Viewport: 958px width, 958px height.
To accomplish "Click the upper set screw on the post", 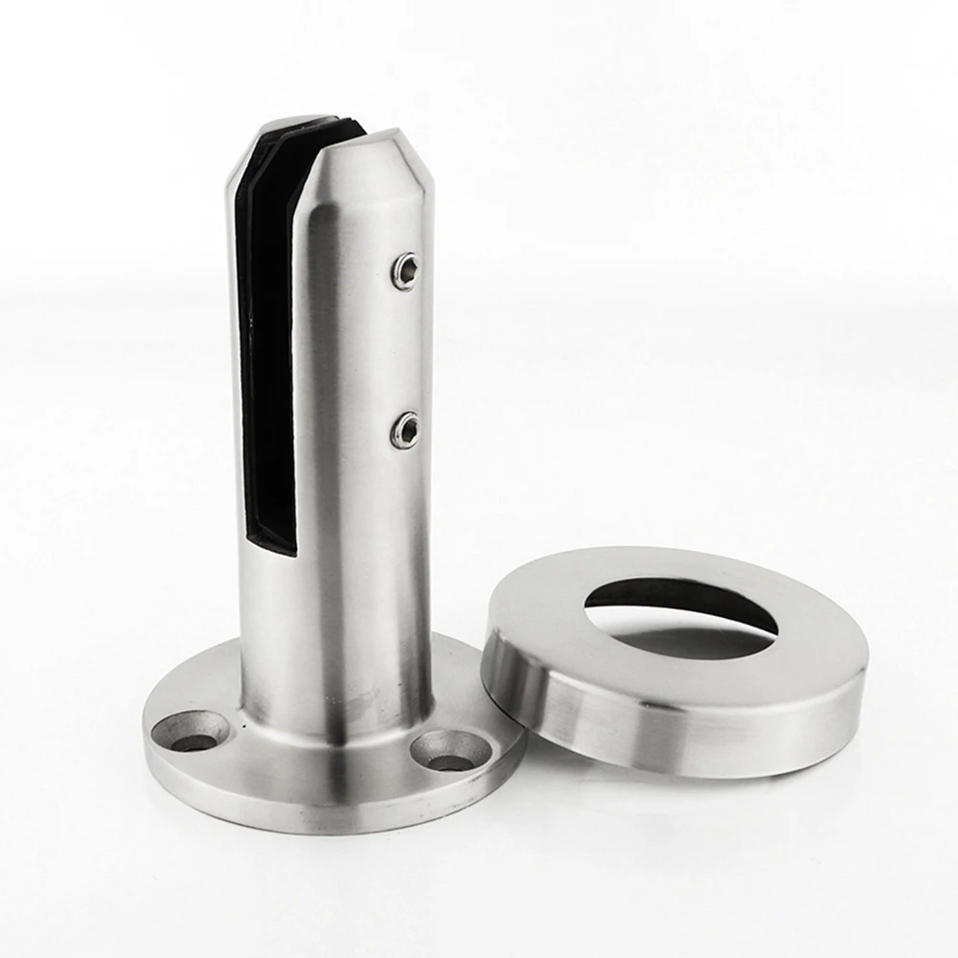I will pos(406,271).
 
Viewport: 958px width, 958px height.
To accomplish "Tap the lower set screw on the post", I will pos(405,430).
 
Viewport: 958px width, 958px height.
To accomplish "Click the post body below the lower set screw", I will pos(374,556).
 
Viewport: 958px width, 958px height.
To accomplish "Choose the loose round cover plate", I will pos(675,661).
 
